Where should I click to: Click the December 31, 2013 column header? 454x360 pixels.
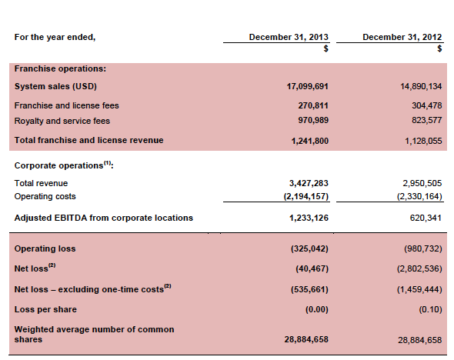(x=289, y=37)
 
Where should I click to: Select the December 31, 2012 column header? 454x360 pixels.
(x=402, y=37)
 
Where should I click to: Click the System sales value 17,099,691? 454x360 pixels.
(x=308, y=86)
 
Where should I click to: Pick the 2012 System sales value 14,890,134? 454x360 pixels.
(x=421, y=86)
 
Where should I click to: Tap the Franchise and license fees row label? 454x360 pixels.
(x=67, y=105)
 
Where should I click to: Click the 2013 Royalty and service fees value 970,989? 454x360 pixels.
(x=313, y=120)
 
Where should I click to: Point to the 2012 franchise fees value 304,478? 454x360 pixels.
(x=427, y=105)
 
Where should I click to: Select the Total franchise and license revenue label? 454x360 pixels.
(x=89, y=140)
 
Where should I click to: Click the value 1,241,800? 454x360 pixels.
(x=310, y=141)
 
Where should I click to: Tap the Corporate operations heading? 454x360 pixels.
(x=64, y=165)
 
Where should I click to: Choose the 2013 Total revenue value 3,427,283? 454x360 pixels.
(x=309, y=183)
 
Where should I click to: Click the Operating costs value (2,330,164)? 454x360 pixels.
(x=419, y=196)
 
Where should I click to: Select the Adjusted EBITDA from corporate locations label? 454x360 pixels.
(x=104, y=218)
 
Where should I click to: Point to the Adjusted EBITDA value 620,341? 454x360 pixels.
(x=426, y=218)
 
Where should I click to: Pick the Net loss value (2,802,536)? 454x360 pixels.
(x=419, y=268)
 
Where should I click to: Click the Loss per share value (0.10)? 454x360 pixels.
(x=431, y=310)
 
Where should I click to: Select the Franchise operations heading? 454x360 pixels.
(x=60, y=68)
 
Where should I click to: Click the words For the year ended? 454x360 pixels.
(x=55, y=38)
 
